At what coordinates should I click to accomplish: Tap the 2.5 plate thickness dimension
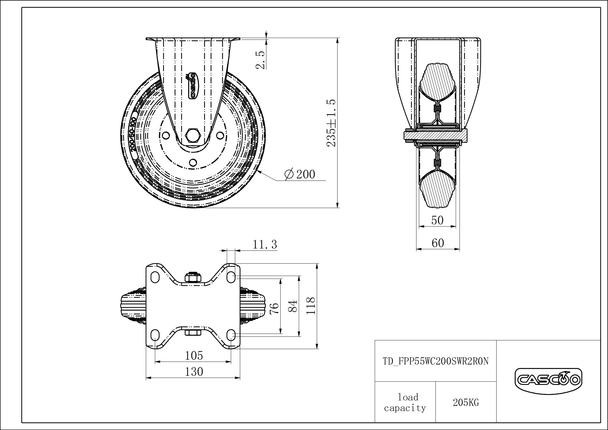pyautogui.click(x=260, y=60)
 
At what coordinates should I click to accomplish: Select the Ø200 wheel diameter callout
pyautogui.click(x=299, y=174)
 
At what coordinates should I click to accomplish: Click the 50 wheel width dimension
pyautogui.click(x=437, y=220)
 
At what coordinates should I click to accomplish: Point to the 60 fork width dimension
pyautogui.click(x=438, y=243)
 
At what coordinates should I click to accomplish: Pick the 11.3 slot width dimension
pyautogui.click(x=265, y=245)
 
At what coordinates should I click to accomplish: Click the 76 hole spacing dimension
pyautogui.click(x=275, y=309)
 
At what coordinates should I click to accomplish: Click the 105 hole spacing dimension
pyautogui.click(x=194, y=356)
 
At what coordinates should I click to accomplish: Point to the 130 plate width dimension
pyautogui.click(x=194, y=372)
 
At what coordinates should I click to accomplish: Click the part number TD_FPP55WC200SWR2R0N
pyautogui.click(x=436, y=361)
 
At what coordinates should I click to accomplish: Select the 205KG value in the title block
pyautogui.click(x=466, y=403)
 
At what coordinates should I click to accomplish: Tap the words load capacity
pyautogui.click(x=405, y=403)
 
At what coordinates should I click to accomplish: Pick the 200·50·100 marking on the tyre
pyautogui.click(x=133, y=134)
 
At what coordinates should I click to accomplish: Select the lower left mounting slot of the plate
pyautogui.click(x=155, y=335)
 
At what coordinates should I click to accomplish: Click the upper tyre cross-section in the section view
pyautogui.click(x=437, y=82)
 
